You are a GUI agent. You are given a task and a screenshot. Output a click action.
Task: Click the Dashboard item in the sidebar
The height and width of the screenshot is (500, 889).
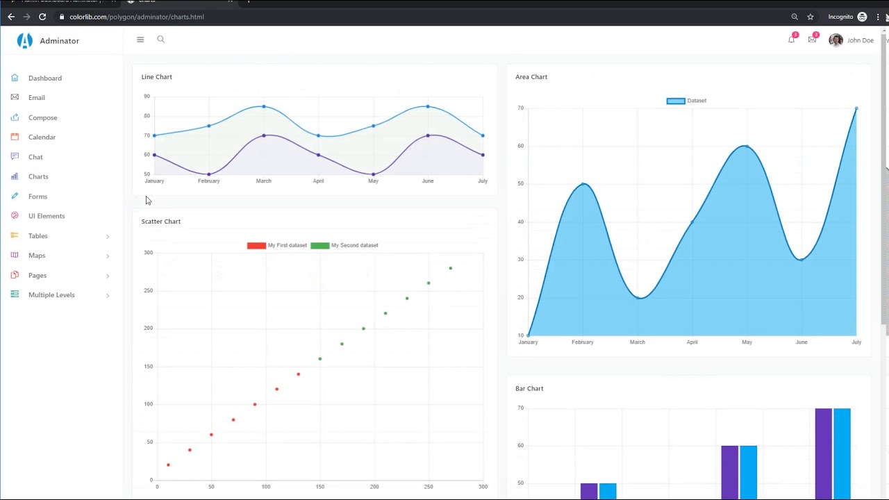point(44,78)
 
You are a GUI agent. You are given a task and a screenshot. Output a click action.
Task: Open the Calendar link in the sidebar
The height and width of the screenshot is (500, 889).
point(42,137)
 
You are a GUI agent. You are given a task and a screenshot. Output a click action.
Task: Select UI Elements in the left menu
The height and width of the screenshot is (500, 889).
point(46,216)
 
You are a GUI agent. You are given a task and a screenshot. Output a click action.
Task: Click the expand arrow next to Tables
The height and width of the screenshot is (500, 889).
point(108,237)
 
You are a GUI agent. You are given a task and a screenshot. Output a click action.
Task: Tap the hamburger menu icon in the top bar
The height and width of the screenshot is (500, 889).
point(140,40)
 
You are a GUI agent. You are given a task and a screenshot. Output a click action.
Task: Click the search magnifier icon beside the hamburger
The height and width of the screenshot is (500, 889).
point(160,40)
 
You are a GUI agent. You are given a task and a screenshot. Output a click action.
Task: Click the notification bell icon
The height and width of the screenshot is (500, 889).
point(791,40)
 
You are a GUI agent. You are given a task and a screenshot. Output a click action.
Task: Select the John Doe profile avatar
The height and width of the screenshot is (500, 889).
point(836,40)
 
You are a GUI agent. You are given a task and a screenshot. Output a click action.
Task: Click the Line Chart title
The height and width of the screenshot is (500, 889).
point(156,77)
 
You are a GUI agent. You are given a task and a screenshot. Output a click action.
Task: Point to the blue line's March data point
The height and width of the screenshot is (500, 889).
point(264,106)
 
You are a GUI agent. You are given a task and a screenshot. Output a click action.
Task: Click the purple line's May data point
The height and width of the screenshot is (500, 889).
point(373,174)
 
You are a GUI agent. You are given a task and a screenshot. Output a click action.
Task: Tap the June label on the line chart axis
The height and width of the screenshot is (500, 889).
point(427,181)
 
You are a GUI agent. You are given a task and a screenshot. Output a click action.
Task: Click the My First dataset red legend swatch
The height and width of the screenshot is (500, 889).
point(256,245)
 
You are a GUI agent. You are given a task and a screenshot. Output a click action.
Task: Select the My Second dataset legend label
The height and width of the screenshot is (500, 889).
point(354,245)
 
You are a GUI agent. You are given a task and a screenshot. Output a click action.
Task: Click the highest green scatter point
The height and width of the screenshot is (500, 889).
point(451,268)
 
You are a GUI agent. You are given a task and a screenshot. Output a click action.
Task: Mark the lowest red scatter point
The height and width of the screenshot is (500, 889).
point(168,465)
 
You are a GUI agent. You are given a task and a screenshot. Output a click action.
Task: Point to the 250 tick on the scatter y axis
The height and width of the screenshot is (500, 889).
point(148,290)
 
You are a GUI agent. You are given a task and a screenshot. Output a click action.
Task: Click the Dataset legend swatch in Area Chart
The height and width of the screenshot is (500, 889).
point(676,101)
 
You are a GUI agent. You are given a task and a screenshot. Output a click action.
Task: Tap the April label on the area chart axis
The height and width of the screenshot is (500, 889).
point(692,342)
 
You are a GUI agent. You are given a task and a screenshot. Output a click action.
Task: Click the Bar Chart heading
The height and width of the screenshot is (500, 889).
point(529,389)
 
